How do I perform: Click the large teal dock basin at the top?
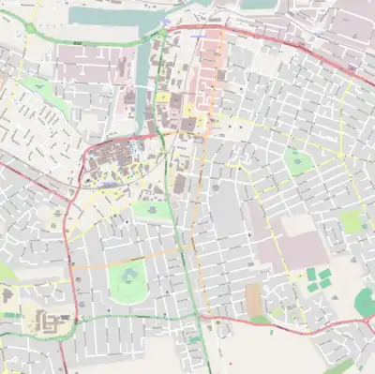103,17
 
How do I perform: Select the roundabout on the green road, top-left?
30,29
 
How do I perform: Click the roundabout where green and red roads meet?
161,33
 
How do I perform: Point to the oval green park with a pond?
129,280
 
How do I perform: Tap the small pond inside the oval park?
128,276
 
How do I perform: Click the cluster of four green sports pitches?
319,279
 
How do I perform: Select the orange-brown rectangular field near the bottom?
253,300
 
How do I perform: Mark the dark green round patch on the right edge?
366,302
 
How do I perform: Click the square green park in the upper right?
298,161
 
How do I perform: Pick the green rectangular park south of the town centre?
153,212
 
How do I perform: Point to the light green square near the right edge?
352,221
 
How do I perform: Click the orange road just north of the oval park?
131,255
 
